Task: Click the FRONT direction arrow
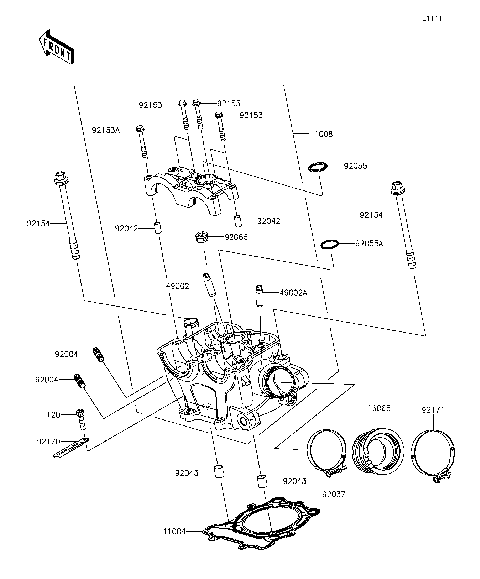click(55, 47)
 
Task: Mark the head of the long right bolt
click(398, 187)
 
